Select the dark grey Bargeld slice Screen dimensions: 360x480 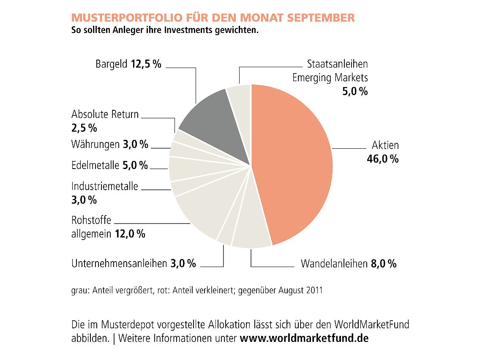coord(211,116)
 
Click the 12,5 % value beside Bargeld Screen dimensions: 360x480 coord(146,65)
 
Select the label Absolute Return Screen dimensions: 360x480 coord(105,114)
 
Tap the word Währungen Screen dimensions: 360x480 coord(95,145)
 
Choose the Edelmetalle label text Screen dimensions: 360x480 coord(95,165)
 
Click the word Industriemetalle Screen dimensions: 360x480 coord(105,186)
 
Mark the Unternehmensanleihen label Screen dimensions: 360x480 coord(119,264)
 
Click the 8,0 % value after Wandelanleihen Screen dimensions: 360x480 coord(384,264)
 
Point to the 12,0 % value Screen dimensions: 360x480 coord(130,234)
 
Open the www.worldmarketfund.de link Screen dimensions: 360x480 coord(304,339)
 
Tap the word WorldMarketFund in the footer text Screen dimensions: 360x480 coord(371,325)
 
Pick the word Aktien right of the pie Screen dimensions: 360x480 coord(385,145)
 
